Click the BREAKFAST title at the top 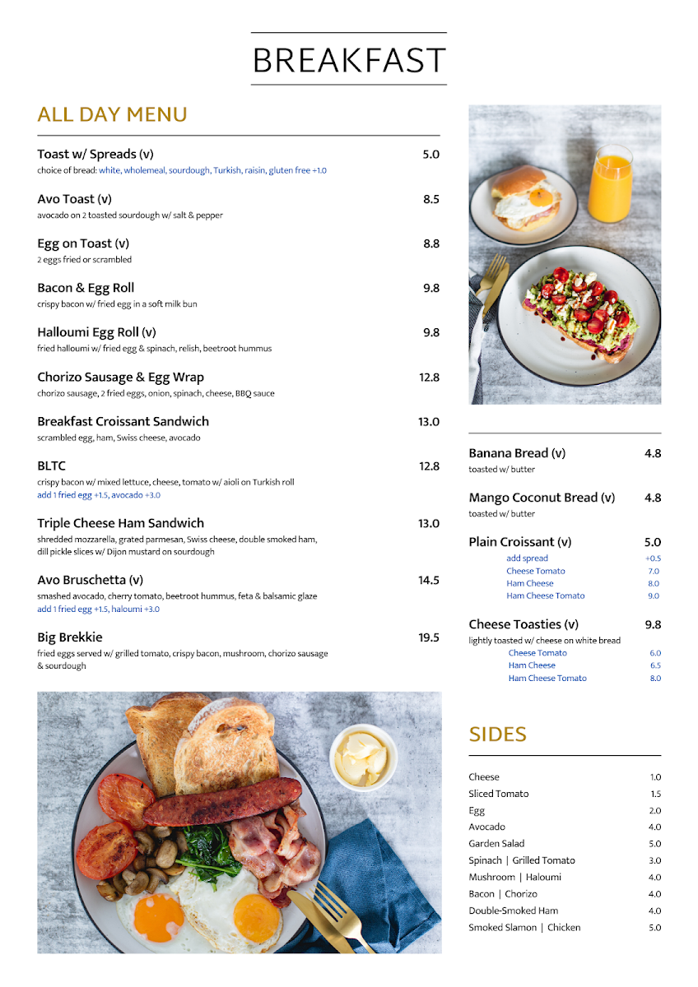[x=348, y=60]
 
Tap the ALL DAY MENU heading [x=112, y=114]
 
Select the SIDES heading [x=497, y=734]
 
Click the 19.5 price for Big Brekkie [x=428, y=637]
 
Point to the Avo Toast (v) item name [x=74, y=199]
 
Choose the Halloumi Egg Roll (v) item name [x=96, y=332]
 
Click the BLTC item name [x=51, y=466]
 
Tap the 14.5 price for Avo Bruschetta [x=428, y=581]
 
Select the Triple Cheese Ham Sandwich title [x=120, y=523]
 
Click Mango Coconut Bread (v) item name [x=542, y=498]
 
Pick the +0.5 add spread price [x=653, y=558]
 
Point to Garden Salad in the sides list [x=496, y=844]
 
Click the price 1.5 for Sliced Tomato [x=655, y=794]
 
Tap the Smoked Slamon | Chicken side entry [x=524, y=928]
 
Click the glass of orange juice [x=610, y=184]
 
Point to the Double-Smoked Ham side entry [x=513, y=911]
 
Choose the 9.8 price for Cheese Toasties [x=653, y=624]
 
